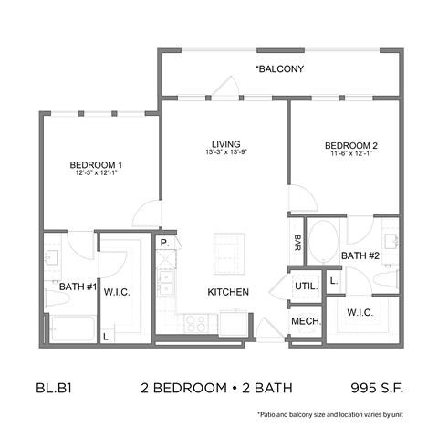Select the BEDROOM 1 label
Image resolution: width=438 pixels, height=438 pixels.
[96, 164]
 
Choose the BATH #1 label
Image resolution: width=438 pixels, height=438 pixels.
[78, 287]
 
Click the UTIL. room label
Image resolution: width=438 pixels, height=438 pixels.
[305, 286]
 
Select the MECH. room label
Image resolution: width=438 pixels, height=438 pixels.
[305, 322]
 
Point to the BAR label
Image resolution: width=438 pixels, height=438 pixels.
[297, 243]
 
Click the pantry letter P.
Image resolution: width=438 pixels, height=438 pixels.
[164, 244]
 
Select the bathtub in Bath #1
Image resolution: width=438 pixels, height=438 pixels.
[72, 327]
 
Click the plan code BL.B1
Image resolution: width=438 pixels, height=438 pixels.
[54, 388]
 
